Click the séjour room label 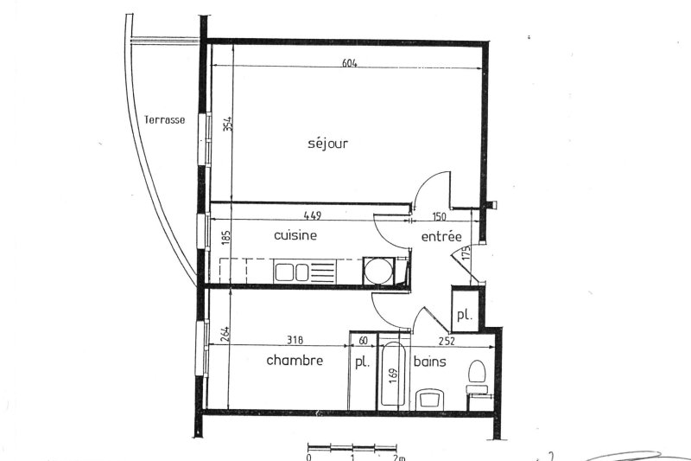coord(327,144)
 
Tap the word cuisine coord(295,234)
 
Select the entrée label coord(441,236)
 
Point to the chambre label coord(295,360)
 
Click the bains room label coord(429,362)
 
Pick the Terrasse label coord(164,119)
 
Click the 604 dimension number coord(350,63)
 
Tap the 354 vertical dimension coord(227,123)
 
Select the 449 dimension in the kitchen coord(313,215)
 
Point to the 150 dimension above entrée coord(439,216)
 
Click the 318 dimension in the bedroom coord(295,340)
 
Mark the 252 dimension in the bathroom coord(447,341)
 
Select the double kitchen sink coord(291,272)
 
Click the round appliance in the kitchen coord(377,271)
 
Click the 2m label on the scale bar coord(399,458)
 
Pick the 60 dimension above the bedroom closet coord(363,341)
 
